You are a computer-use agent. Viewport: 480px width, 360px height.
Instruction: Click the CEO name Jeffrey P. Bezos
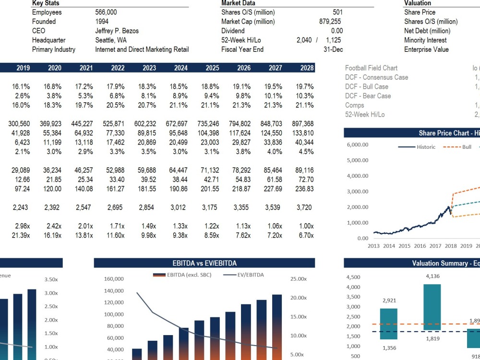[x=117, y=31]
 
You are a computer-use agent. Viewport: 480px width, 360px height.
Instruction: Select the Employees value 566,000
[x=106, y=12]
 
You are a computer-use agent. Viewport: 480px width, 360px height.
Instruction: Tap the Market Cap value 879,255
[x=330, y=22]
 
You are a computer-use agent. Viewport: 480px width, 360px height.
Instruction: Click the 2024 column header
[x=180, y=68]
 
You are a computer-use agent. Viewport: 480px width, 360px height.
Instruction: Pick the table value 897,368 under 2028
[x=303, y=124]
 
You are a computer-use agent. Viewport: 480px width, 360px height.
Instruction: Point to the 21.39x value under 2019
[x=21, y=235]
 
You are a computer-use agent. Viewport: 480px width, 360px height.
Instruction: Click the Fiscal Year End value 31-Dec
[x=333, y=49]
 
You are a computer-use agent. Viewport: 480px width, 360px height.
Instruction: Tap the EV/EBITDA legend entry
[x=243, y=275]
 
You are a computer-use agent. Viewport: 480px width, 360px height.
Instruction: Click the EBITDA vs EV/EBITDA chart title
[x=204, y=263]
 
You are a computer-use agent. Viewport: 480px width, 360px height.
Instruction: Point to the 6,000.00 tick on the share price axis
[x=358, y=145]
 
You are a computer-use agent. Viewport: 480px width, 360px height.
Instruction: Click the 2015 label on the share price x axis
[x=404, y=246]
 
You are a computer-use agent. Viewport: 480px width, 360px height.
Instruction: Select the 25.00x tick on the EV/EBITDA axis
[x=299, y=279]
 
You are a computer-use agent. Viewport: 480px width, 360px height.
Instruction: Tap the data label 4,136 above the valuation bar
[x=432, y=276]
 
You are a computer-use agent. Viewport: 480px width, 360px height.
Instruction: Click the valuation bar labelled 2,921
[x=389, y=324]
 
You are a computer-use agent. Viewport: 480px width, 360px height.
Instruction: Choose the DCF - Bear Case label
[x=368, y=96]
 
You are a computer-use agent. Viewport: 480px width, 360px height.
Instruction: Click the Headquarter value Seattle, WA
[x=111, y=40]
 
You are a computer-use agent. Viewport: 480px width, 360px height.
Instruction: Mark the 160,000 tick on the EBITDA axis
[x=114, y=279]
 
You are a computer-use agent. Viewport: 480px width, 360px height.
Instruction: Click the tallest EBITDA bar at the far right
[x=277, y=327]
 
